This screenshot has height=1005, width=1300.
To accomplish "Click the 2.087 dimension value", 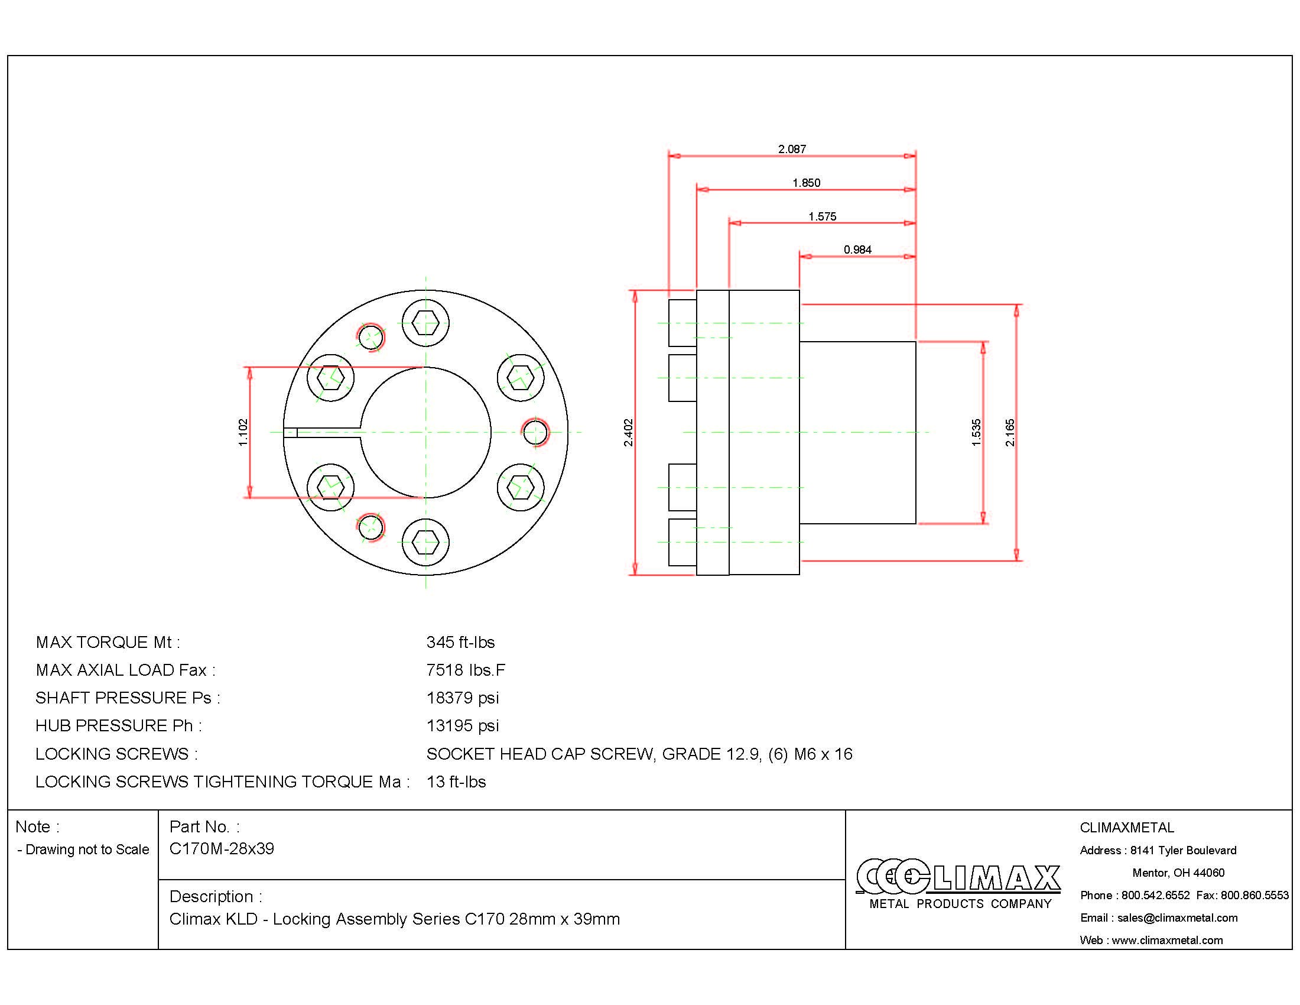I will (792, 149).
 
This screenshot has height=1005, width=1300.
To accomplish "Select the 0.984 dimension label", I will (857, 249).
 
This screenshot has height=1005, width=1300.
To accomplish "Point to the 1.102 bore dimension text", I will (243, 432).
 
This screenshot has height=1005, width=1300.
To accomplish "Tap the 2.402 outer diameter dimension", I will (629, 432).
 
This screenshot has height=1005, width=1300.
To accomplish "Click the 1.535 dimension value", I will (976, 432).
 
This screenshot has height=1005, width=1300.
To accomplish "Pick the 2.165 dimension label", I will (1010, 432).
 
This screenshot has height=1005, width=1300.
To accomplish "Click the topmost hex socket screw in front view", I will (425, 324).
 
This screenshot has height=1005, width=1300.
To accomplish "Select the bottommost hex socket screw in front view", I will (425, 542).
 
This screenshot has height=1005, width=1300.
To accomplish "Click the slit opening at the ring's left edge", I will (291, 432).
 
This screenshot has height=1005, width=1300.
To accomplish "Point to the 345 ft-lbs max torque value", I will (460, 642).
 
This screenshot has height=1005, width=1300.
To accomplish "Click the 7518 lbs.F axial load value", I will (466, 670).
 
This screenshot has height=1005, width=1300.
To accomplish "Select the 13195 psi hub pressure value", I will (463, 725).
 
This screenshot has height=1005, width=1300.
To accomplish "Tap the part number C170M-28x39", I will (222, 848).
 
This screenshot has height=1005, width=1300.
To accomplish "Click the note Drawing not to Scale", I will (86, 850).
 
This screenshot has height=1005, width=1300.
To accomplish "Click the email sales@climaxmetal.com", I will (1176, 918).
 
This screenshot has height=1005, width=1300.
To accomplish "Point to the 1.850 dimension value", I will (806, 183).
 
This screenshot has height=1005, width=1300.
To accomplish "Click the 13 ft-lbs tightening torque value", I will (456, 781).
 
